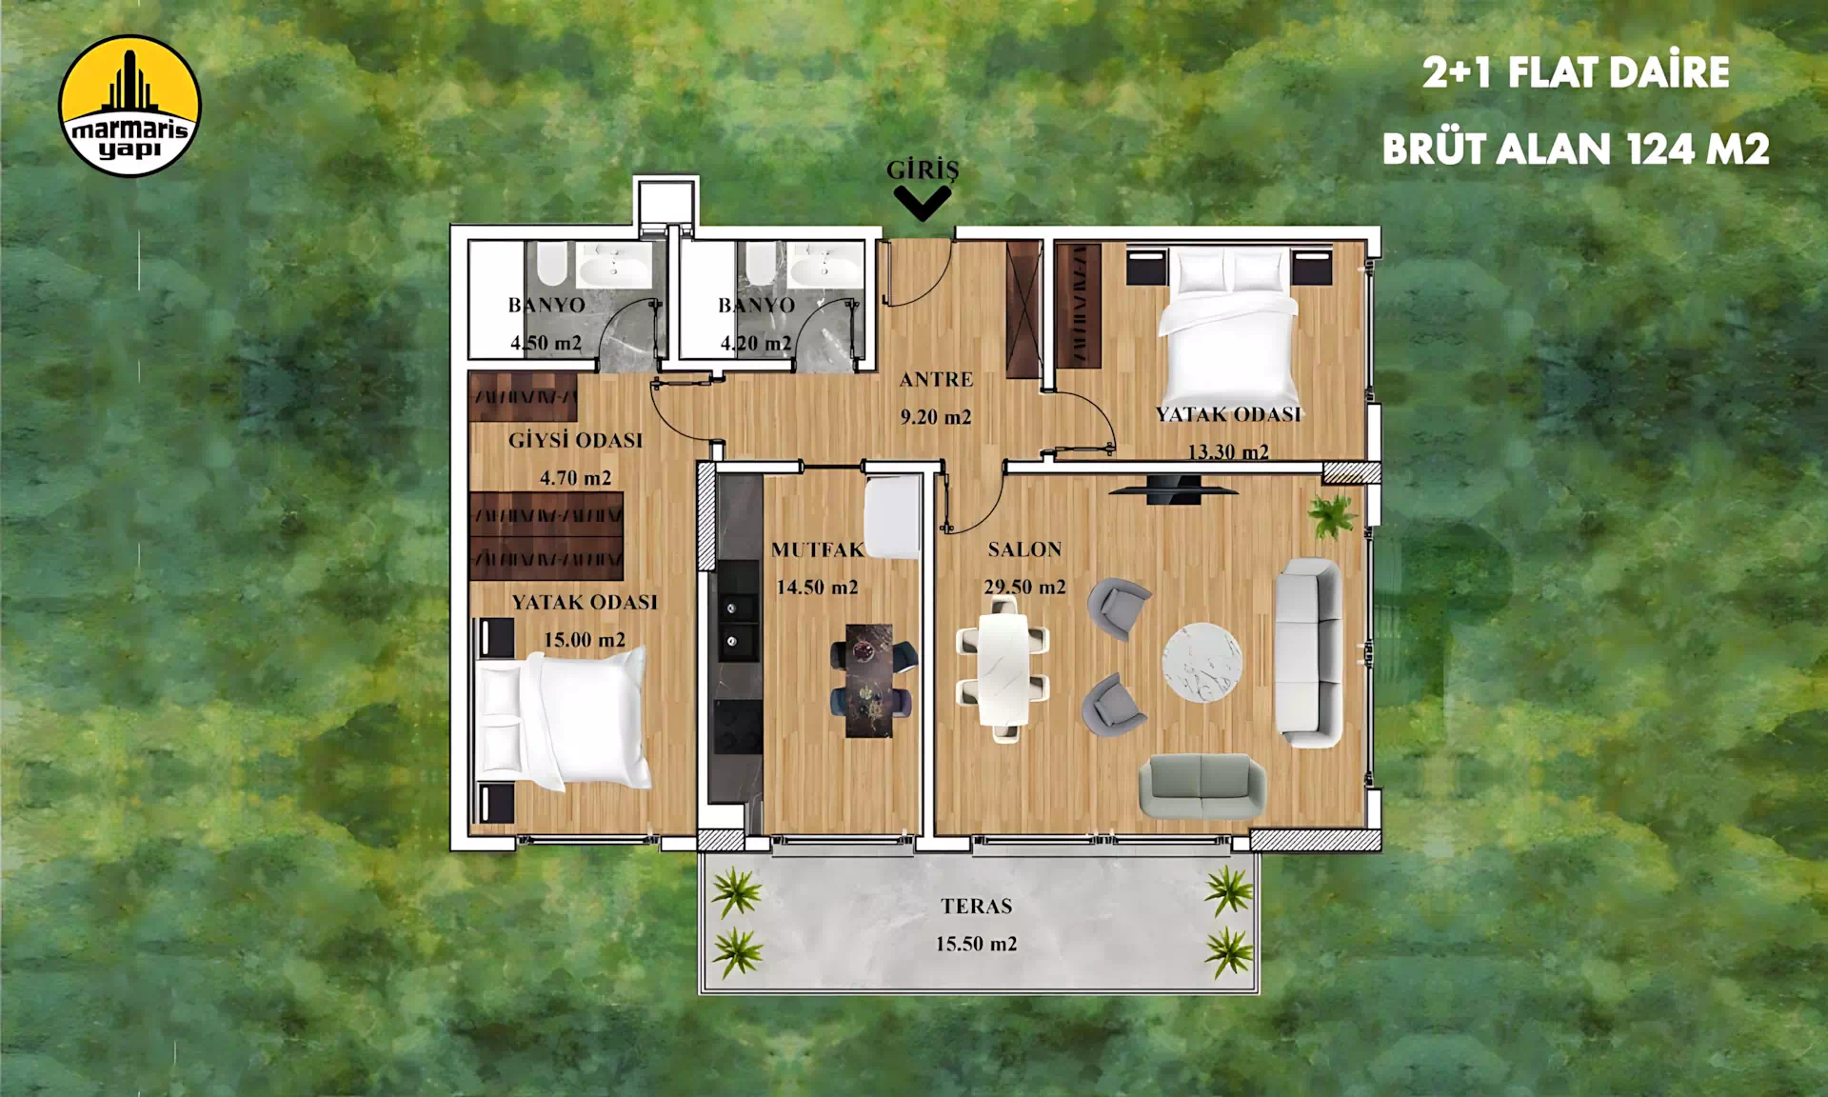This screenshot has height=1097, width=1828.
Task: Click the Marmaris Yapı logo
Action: pos(129,107)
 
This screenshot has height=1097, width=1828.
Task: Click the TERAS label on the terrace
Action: pos(977,907)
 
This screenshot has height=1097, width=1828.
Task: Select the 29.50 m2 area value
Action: pos(1024,587)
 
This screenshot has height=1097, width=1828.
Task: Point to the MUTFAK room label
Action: pos(817,549)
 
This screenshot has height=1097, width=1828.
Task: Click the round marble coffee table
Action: pos(1202,662)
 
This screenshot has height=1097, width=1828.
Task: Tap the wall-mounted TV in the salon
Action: pos(1174,489)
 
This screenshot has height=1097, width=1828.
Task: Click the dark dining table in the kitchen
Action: pos(869,680)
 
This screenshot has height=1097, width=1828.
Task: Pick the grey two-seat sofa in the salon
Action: pos(1202,787)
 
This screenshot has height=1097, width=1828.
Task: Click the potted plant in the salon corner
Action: pos(1332,515)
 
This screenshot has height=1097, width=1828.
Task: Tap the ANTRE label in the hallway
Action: pos(937,379)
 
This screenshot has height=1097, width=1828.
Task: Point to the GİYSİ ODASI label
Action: pos(576,440)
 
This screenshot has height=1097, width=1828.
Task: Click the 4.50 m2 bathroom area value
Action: pos(546,343)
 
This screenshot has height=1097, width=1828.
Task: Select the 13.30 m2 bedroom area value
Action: pos(1228,451)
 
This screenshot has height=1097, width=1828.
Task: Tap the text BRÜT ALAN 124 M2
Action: pos(1576,149)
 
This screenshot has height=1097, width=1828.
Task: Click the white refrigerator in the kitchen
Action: pos(892,517)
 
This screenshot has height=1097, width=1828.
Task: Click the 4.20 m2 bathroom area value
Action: pos(756,343)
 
